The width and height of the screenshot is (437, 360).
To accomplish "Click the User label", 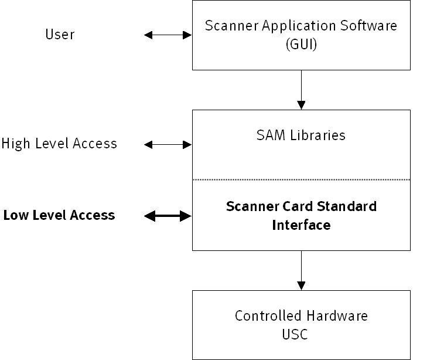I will (x=60, y=35).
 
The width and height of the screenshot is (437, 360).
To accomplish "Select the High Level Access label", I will (x=59, y=143).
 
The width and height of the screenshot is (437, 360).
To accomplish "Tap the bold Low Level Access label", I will (x=59, y=215).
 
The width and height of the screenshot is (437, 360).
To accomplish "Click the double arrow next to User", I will (x=168, y=35).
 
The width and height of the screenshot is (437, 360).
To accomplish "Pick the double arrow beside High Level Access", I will (x=168, y=144).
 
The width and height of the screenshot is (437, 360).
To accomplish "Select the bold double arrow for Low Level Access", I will (x=168, y=216).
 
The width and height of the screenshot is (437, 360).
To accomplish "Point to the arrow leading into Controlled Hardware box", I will (x=301, y=270).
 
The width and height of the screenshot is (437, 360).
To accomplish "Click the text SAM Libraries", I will (x=301, y=135).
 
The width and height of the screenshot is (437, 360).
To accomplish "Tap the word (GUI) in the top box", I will (x=301, y=44).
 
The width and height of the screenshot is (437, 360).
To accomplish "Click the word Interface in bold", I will (x=301, y=225).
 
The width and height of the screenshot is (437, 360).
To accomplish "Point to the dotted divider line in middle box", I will (x=301, y=179).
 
